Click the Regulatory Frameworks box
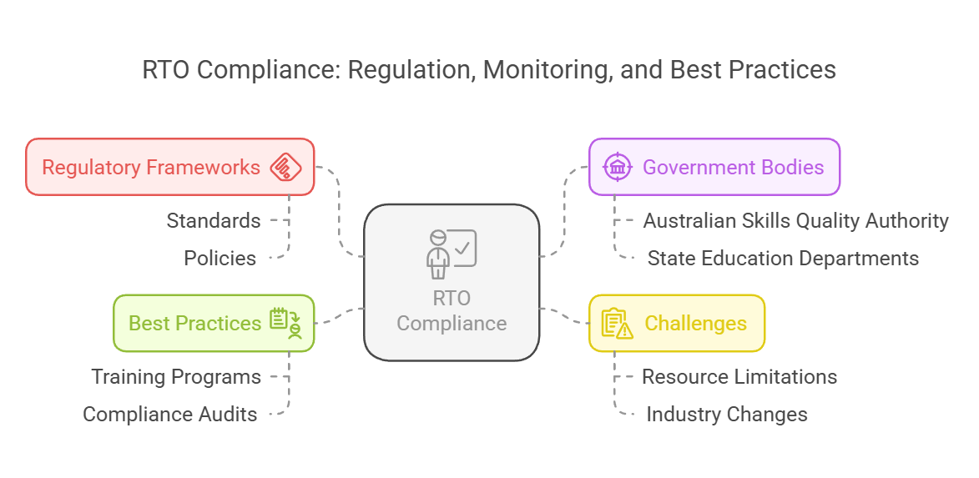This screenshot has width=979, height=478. tap(169, 167)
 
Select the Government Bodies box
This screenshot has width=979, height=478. tap(714, 167)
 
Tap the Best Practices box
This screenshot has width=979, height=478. tap(214, 323)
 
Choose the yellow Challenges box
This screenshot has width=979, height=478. tap(677, 323)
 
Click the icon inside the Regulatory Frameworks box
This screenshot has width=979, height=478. tap(285, 167)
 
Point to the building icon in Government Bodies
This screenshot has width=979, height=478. tap(618, 167)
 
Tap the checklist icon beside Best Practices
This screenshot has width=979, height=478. tap(285, 323)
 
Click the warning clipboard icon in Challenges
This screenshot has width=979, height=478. tap(617, 323)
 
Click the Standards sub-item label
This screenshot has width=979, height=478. tap(214, 221)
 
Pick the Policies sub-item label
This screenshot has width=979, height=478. tap(220, 258)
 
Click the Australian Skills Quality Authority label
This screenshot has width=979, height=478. tap(795, 221)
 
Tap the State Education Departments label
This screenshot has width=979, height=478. tap(783, 258)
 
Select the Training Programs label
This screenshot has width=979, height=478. tap(176, 377)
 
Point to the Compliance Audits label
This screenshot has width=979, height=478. tap(170, 414)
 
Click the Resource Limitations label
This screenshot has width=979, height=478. tap(739, 377)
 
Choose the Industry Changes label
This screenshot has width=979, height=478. tap(726, 414)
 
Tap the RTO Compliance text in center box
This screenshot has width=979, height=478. tap(452, 311)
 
